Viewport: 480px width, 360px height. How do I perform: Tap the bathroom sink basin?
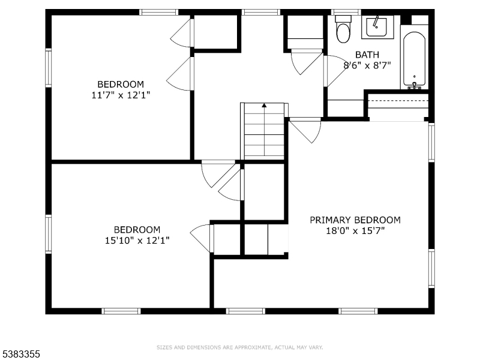(377, 28)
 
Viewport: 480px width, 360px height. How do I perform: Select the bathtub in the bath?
(414, 59)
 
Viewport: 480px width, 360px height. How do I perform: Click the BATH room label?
(367, 55)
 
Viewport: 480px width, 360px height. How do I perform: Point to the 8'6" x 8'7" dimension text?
(367, 65)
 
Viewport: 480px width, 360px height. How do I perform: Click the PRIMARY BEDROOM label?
(355, 220)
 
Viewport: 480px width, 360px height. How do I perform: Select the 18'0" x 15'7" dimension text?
(355, 230)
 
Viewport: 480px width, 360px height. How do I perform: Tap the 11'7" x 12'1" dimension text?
(121, 95)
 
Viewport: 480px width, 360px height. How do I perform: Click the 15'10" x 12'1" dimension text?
(137, 241)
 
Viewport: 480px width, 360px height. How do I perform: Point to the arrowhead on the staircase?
(264, 106)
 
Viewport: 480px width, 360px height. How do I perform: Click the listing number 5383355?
(20, 354)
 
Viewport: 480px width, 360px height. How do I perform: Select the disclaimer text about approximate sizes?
(239, 347)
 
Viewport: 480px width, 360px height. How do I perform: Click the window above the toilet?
(346, 12)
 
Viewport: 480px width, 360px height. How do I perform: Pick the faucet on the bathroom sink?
(376, 22)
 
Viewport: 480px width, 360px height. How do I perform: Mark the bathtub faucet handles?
(414, 86)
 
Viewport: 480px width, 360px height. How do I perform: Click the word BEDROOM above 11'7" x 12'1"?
(121, 84)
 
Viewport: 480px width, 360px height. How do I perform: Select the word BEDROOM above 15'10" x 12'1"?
(137, 230)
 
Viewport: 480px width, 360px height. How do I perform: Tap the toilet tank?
(343, 19)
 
